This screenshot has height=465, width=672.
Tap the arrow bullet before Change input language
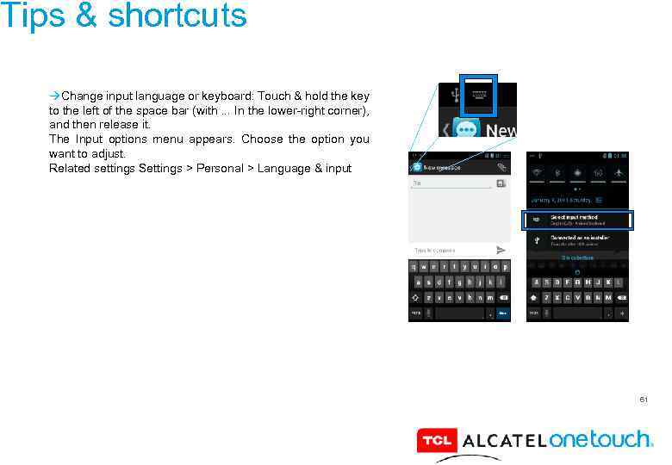pyautogui.click(x=54, y=96)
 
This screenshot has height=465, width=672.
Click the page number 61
pyautogui.click(x=644, y=400)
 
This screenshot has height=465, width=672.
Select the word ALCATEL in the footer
pyautogui.click(x=504, y=441)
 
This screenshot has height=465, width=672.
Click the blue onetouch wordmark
pyautogui.click(x=600, y=439)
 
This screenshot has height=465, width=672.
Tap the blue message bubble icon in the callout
pyautogui.click(x=467, y=130)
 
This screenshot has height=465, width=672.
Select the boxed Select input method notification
pyautogui.click(x=577, y=220)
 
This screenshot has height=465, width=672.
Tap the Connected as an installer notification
pyautogui.click(x=577, y=239)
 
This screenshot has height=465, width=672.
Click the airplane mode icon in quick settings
pyautogui.click(x=619, y=172)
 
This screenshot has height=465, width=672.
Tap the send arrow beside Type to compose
pyautogui.click(x=501, y=250)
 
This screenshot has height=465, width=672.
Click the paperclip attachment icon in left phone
pyautogui.click(x=501, y=166)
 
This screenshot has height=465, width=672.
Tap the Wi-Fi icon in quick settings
pyautogui.click(x=536, y=172)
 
